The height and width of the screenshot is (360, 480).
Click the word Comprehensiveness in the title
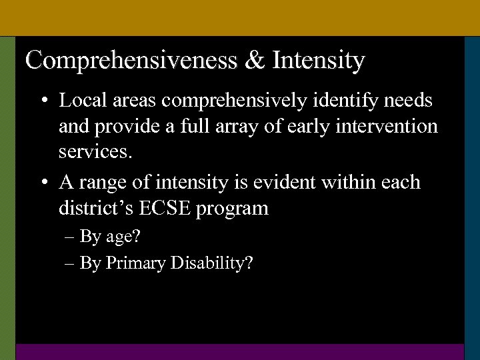click(131, 61)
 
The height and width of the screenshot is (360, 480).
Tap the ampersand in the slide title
click(254, 61)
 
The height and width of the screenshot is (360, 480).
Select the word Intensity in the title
click(318, 61)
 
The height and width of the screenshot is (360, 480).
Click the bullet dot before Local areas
click(43, 101)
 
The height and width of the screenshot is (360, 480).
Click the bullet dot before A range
click(43, 182)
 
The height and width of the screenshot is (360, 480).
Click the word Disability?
click(211, 263)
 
